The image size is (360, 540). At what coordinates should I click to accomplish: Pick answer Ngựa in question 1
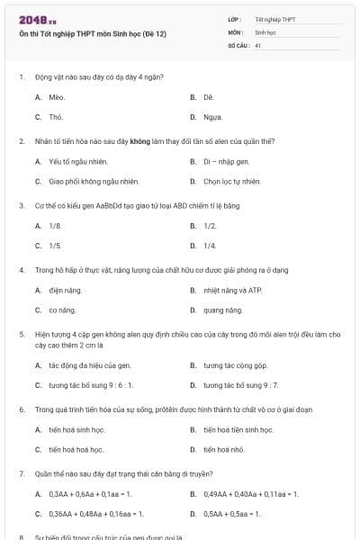click(212, 117)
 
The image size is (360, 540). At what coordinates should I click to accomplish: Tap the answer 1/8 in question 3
click(56, 225)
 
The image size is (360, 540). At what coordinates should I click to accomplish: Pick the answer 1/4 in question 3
click(210, 245)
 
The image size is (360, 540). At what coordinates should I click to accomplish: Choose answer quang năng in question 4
click(222, 310)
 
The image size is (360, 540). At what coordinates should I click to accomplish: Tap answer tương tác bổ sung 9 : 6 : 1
click(91, 385)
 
